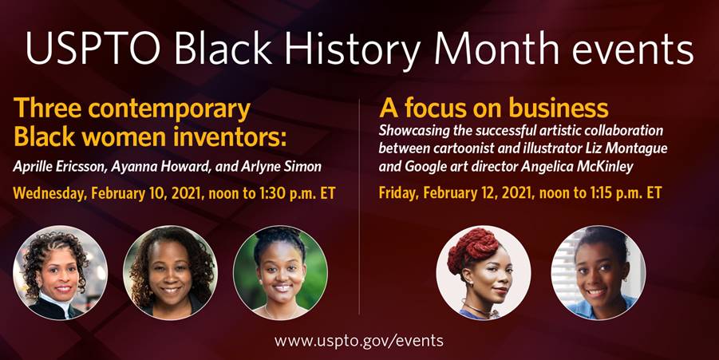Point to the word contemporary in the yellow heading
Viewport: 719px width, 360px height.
(170, 110)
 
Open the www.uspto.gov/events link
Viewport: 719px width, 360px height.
(359, 341)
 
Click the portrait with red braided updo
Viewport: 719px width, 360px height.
(484, 272)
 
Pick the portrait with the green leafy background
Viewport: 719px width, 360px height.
(281, 272)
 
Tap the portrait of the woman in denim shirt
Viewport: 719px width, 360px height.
(599, 272)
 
